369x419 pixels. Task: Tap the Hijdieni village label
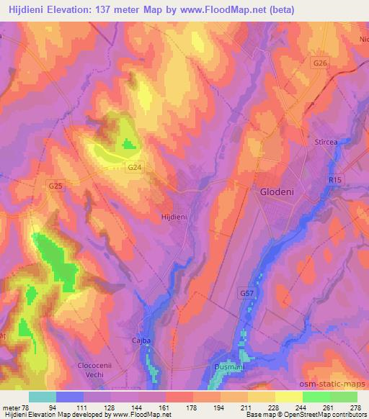coord(175,215)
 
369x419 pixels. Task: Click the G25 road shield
coord(55,186)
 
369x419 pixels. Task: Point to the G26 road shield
coord(320,64)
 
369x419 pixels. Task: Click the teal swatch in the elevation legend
coord(43,397)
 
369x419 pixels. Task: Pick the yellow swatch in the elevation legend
coord(288,397)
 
